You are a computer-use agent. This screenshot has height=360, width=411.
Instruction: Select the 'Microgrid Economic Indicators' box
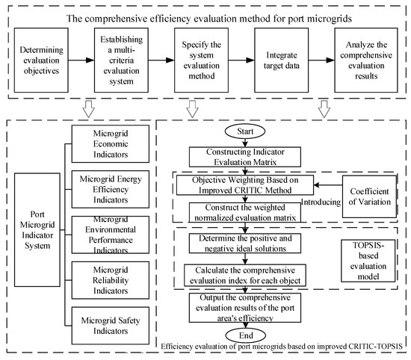(x=114, y=142)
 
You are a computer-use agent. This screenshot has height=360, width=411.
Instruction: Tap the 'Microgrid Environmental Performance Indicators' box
(x=114, y=234)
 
